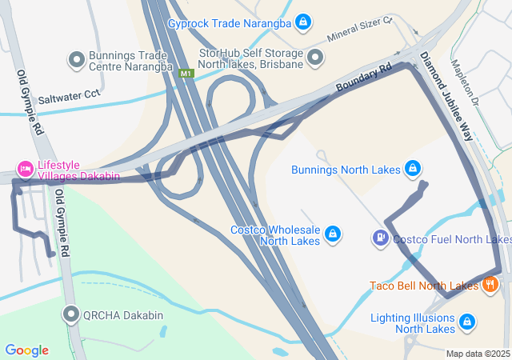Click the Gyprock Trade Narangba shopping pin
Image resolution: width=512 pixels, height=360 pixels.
click(x=303, y=22)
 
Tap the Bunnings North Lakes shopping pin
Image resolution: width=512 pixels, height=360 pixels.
click(x=413, y=169)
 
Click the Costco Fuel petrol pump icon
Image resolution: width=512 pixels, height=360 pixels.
click(x=380, y=238)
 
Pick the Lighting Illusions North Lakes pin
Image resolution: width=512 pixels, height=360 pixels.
click(x=467, y=322)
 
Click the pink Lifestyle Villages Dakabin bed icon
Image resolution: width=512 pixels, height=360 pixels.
click(x=25, y=169)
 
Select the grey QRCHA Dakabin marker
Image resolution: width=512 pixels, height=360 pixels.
click(x=73, y=314)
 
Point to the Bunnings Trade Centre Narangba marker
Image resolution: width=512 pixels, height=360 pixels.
click(x=77, y=59)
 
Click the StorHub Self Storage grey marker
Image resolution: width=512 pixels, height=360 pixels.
click(x=315, y=58)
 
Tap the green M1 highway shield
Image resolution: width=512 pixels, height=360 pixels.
click(x=186, y=74)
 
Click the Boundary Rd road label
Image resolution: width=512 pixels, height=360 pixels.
click(x=363, y=78)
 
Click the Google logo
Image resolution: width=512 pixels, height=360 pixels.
click(x=26, y=350)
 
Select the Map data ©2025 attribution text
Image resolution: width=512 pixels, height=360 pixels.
click(x=478, y=354)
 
